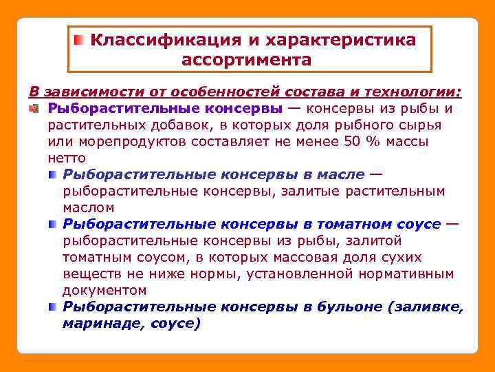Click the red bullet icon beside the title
[80, 39]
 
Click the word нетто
[67, 158]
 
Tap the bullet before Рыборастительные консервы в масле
[53, 174]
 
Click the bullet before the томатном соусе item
[53, 224]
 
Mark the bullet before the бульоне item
[53, 307]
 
